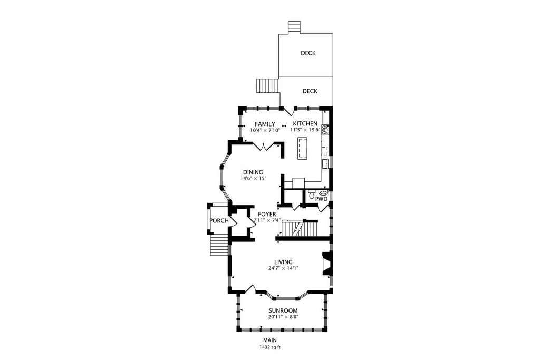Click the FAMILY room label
pos(265,124)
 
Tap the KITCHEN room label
pos(305,123)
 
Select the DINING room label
pos(253,172)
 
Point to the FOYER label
pos(267,215)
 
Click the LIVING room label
pos(283,262)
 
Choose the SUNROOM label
pos(283,310)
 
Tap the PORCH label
pos(219,221)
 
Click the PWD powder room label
pos(321,199)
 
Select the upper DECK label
pos(308,53)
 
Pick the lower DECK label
pos(310,91)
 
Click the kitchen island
pos(302,148)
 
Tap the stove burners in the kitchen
pos(325,130)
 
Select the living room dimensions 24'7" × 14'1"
pos(283,268)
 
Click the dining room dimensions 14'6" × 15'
pos(253,178)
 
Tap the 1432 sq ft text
pos(270,347)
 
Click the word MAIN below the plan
pos(270,340)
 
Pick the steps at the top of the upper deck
pos(294,28)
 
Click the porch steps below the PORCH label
pos(219,245)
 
